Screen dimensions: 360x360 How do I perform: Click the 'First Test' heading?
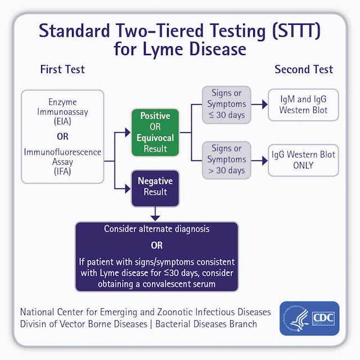coord(62,70)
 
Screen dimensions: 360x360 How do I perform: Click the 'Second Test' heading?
coord(304,70)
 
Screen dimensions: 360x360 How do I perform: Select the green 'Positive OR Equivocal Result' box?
coord(155,132)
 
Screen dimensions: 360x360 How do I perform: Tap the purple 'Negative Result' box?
coord(155,187)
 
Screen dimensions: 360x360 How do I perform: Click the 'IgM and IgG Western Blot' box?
coord(303,105)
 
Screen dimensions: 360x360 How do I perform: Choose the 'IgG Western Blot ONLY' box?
coord(303,160)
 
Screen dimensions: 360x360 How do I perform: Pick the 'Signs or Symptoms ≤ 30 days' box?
coord(226,105)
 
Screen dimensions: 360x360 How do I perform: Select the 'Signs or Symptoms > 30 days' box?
coord(226,160)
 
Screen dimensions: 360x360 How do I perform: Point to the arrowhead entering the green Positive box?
coord(127,133)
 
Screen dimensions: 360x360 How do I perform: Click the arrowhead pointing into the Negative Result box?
coord(127,187)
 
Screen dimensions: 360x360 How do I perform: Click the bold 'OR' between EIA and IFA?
coord(62,137)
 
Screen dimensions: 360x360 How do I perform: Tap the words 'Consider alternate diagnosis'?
coord(156,229)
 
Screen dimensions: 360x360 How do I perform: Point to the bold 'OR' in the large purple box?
coord(156,246)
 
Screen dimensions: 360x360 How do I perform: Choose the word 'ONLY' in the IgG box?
coord(303,165)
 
